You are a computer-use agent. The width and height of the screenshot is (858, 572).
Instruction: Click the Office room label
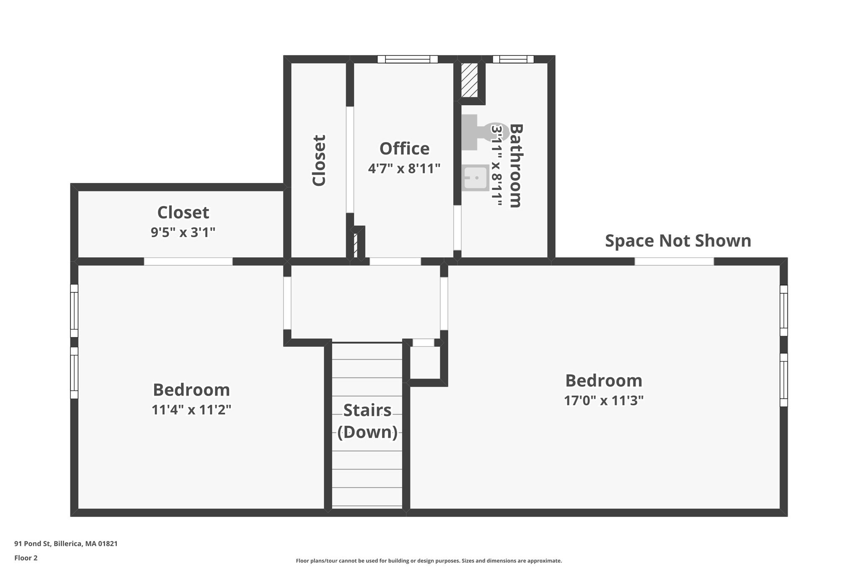point(404,149)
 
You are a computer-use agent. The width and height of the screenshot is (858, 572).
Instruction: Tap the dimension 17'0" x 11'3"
point(604,401)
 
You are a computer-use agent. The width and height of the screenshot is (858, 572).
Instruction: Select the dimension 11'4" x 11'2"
point(191,409)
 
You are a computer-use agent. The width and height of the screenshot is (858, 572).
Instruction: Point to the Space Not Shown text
point(678,241)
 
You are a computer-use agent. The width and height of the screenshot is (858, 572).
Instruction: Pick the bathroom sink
point(476,178)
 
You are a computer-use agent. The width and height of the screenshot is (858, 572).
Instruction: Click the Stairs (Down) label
point(367,421)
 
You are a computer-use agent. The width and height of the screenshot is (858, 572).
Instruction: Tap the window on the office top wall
point(408,59)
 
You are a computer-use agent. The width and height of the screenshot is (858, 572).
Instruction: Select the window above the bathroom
point(513,59)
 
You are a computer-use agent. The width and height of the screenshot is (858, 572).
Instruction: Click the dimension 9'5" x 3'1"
point(183,232)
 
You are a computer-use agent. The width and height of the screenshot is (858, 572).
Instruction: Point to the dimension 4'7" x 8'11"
point(404,168)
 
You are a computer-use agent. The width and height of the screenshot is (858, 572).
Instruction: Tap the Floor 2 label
point(26,558)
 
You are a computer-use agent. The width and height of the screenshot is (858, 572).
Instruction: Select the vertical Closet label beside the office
point(319,160)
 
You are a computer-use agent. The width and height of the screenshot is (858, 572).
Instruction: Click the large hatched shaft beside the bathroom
point(469,80)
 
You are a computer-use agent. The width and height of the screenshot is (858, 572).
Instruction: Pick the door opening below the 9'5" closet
point(188,261)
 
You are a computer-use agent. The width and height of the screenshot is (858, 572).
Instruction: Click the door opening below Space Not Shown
point(674,261)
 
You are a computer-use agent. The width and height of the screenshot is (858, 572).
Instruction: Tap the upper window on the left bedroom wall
point(74,311)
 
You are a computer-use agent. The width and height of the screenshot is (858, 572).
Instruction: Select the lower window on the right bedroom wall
point(783,380)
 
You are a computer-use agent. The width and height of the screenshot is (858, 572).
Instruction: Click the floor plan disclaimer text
point(429,561)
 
